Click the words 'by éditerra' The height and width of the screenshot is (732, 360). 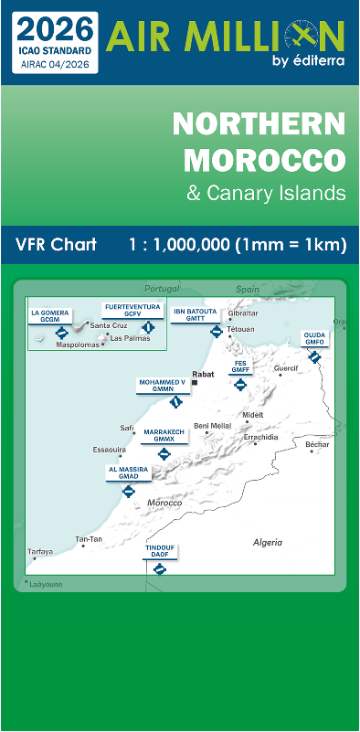309,61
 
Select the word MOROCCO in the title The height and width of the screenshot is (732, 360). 265,160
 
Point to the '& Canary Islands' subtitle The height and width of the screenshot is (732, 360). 266,194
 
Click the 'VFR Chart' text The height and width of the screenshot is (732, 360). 57,245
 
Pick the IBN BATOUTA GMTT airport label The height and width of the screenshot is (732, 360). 196,314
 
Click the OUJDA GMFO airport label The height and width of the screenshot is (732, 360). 314,339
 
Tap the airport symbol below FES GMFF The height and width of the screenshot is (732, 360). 240,385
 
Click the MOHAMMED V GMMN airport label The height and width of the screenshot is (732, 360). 162,385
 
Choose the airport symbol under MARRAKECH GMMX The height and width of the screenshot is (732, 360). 164,453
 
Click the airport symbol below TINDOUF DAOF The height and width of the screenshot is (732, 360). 160,568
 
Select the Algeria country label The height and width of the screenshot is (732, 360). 268,542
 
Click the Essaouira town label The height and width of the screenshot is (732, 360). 109,449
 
